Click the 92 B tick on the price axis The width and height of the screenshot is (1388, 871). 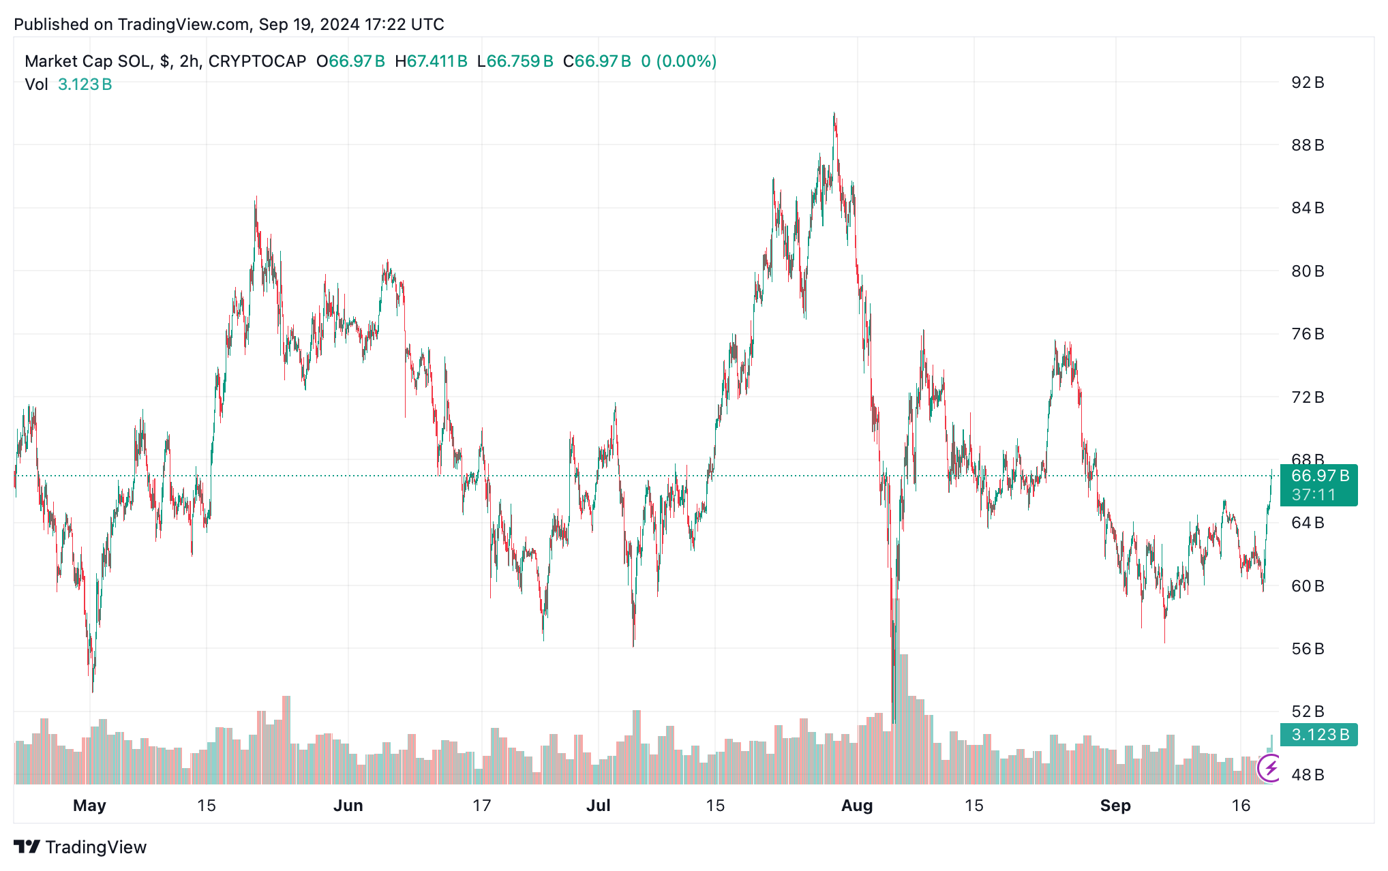click(1307, 82)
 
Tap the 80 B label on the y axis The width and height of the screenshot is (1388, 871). click(1307, 271)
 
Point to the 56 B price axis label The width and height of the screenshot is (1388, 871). click(1307, 649)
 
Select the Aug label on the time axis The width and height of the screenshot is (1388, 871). click(857, 806)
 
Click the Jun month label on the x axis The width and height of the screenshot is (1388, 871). click(348, 806)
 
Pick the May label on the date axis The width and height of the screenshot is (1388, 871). click(89, 806)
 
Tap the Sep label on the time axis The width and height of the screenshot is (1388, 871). click(1115, 806)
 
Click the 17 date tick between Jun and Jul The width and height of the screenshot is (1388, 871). click(482, 806)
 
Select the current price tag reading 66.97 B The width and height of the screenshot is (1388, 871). click(1320, 476)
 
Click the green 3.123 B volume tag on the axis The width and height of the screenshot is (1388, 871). click(1320, 735)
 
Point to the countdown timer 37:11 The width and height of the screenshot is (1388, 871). click(1314, 495)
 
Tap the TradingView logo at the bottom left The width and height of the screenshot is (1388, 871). click(80, 847)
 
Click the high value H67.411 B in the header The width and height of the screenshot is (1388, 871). click(432, 61)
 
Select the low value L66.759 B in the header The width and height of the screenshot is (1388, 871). click(515, 61)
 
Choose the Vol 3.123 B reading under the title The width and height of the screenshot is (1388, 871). click(69, 85)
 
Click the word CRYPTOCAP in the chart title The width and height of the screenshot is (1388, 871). click(257, 61)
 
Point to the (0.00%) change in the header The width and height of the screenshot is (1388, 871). click(687, 61)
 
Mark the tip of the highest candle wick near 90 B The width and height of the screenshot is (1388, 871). click(834, 113)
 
